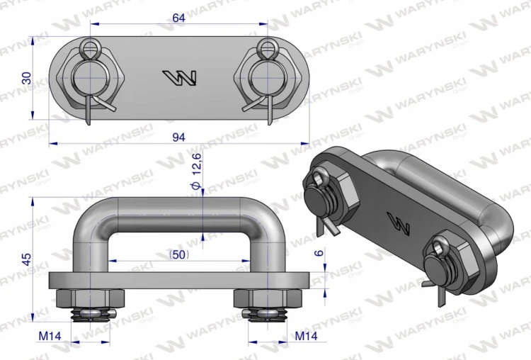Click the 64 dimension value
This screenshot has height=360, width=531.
tap(179, 18)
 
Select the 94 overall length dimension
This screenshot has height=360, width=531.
tap(179, 137)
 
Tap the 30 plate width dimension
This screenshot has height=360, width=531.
tap(27, 78)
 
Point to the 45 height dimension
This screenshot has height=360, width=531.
tap(27, 259)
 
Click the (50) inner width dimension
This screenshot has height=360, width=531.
tap(179, 254)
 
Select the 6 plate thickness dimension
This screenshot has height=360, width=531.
tap(319, 252)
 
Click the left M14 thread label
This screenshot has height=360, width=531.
tap(50, 336)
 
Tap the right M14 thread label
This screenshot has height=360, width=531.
tap(306, 336)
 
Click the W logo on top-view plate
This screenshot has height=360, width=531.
tap(180, 78)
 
